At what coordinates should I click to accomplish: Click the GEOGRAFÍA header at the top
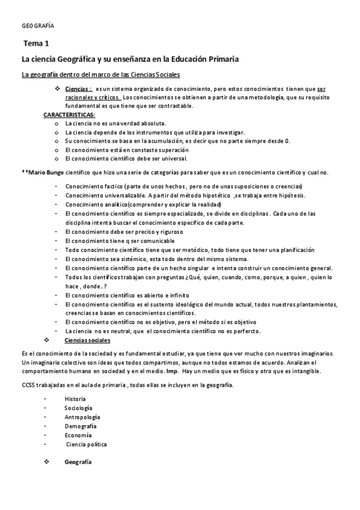pyautogui.click(x=37, y=26)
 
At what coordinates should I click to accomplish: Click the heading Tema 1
pyautogui.click(x=37, y=44)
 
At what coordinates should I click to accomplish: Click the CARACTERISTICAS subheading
pyautogui.click(x=69, y=114)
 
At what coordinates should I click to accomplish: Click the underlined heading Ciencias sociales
pyautogui.click(x=88, y=340)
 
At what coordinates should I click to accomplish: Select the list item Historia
pyautogui.click(x=75, y=399)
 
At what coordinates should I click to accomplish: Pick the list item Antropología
pyautogui.click(x=82, y=417)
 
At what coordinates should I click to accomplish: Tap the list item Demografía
pyautogui.click(x=81, y=426)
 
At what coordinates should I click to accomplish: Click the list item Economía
pyautogui.click(x=78, y=435)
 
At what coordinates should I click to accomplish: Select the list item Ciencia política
pyautogui.click(x=87, y=444)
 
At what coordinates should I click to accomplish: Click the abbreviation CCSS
pyautogui.click(x=29, y=384)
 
